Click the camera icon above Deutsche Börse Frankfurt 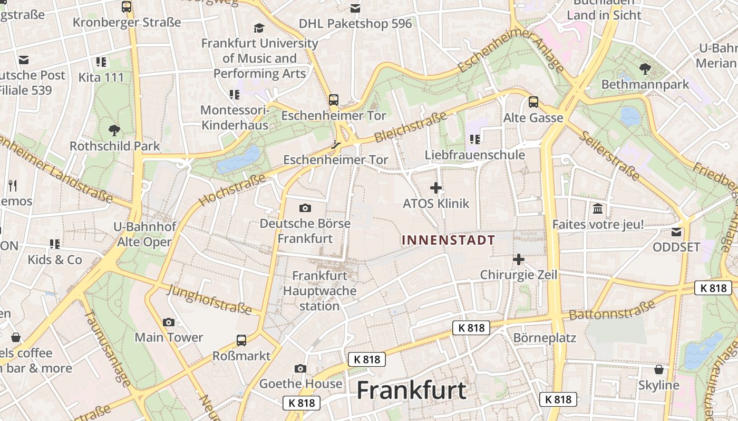305,208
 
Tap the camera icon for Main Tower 169,322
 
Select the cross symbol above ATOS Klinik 436,187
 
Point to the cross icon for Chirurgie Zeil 519,259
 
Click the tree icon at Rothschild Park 114,130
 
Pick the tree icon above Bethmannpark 645,68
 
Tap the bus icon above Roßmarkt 241,340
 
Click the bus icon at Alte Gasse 533,102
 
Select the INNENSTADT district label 449,240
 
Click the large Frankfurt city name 411,390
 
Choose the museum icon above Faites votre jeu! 598,209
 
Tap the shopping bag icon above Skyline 659,369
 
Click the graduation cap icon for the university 259,28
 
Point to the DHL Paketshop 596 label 355,24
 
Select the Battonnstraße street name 611,309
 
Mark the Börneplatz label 545,337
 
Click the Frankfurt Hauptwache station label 319,290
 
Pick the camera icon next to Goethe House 300,368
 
